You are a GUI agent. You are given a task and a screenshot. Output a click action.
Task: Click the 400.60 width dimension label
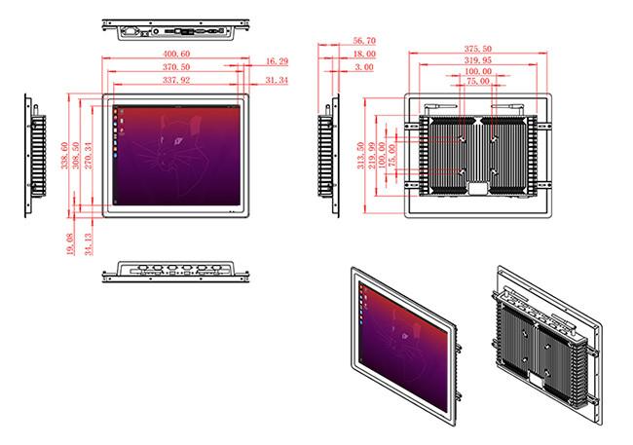(176, 54)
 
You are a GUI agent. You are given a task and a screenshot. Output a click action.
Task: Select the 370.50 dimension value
(176, 66)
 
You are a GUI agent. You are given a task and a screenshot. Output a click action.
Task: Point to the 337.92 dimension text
(176, 80)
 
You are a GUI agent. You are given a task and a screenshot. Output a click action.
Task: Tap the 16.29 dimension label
(277, 61)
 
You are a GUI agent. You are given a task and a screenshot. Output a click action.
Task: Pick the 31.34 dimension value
(277, 81)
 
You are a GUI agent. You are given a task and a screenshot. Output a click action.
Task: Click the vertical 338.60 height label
(64, 156)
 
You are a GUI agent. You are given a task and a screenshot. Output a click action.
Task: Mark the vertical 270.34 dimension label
(89, 156)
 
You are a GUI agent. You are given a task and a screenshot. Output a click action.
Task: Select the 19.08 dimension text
(70, 243)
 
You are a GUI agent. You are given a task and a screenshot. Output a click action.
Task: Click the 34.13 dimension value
(89, 243)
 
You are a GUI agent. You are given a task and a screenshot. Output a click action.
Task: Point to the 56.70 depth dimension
(364, 41)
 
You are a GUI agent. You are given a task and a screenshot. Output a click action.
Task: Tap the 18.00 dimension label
(364, 55)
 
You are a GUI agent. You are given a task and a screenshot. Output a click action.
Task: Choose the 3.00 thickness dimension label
(364, 67)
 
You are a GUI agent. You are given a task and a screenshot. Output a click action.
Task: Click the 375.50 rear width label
(478, 49)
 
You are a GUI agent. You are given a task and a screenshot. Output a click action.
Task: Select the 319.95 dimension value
(478, 60)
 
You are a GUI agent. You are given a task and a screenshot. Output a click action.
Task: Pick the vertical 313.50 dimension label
(360, 156)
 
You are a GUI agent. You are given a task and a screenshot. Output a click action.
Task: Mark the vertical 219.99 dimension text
(371, 156)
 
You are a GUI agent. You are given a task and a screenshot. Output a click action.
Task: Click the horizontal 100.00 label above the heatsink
(478, 71)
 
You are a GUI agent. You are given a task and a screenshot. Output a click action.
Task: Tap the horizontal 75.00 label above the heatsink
(478, 81)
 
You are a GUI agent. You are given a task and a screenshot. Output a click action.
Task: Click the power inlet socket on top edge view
(130, 31)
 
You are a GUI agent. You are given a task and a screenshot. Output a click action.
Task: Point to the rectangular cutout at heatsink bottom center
(478, 188)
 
